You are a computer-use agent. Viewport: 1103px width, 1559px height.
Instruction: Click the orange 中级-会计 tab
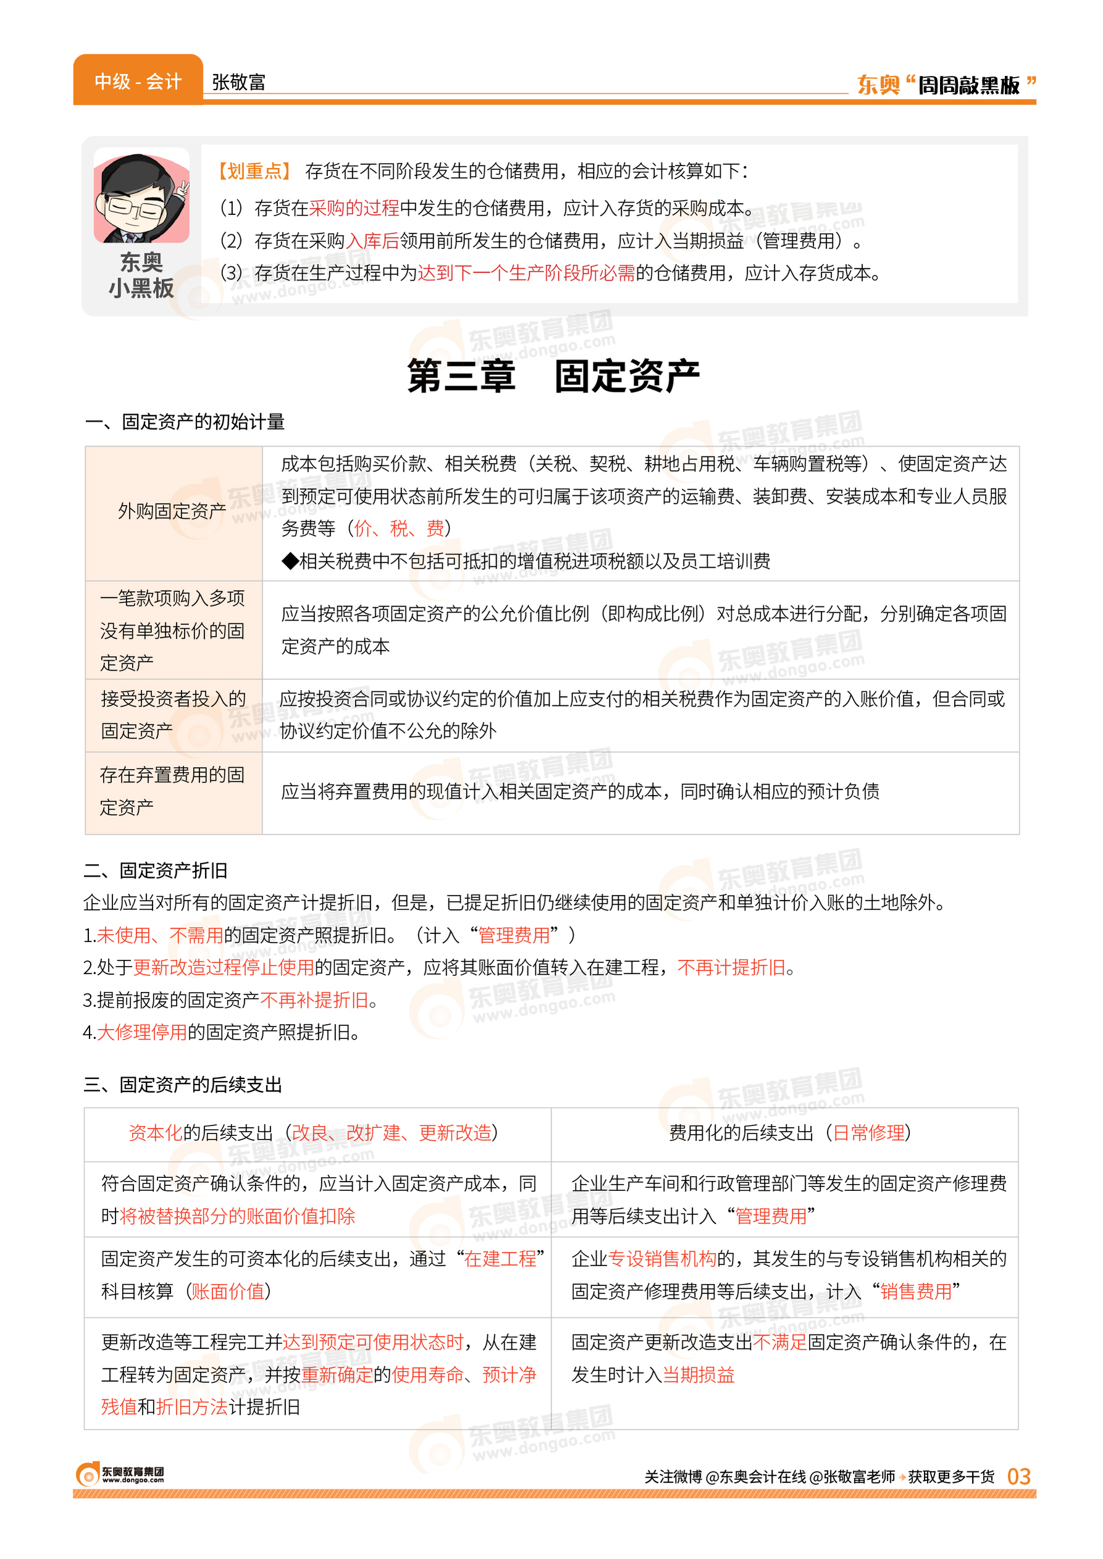(x=138, y=82)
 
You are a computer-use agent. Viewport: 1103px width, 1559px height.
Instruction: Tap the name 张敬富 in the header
(x=238, y=82)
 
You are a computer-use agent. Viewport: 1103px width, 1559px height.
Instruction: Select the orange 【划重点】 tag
(x=254, y=171)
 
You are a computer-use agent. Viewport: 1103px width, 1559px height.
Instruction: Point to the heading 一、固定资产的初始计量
(x=185, y=422)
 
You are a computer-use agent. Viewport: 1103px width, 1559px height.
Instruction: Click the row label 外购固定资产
(x=172, y=511)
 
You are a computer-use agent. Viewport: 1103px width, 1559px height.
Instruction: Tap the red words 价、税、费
(x=399, y=528)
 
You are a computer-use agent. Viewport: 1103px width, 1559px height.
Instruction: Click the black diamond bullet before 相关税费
(x=290, y=561)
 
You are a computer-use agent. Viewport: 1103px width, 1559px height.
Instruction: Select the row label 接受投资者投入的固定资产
(x=172, y=714)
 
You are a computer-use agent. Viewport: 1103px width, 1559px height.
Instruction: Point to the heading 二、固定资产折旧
(x=156, y=870)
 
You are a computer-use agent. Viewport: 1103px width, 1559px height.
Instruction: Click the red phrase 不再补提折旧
(x=314, y=1000)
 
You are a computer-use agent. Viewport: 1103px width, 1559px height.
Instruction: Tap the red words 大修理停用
(x=141, y=1033)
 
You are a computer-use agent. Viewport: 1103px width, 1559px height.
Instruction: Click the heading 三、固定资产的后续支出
(x=183, y=1084)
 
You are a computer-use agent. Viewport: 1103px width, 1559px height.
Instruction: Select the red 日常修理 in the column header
(x=869, y=1132)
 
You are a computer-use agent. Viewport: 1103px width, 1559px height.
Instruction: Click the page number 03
(x=1018, y=1476)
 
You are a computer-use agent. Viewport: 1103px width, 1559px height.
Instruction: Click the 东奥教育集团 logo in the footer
(x=120, y=1475)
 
